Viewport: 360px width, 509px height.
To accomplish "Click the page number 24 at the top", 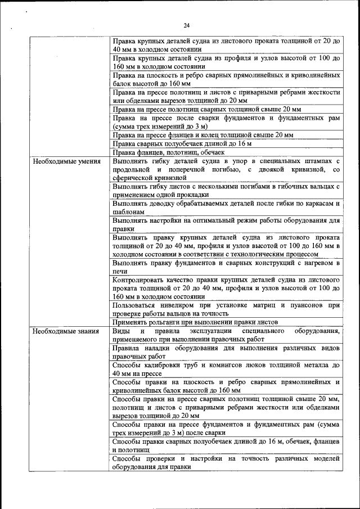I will click(186, 25).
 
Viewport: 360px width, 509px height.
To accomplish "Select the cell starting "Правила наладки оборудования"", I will click(226, 352).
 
